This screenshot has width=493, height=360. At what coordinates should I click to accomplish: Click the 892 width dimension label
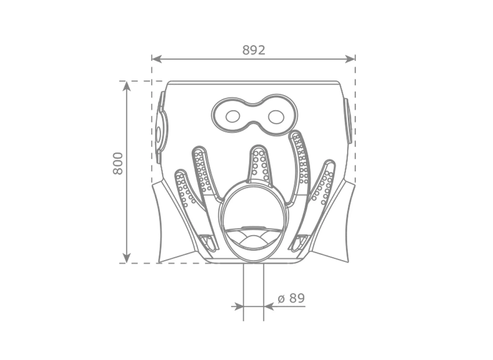(x=254, y=50)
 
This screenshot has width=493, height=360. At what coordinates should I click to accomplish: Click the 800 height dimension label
(x=118, y=164)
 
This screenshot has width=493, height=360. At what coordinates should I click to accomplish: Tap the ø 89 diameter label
(x=291, y=298)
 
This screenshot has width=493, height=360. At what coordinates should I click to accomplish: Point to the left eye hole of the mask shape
(x=233, y=117)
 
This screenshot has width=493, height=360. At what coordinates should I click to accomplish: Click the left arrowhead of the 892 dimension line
(x=156, y=58)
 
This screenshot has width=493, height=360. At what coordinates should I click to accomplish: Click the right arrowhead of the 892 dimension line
(x=350, y=58)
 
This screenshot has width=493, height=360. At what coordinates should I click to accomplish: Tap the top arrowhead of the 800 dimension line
(x=127, y=86)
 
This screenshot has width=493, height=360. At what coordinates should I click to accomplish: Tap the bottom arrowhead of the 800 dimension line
(x=127, y=258)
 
